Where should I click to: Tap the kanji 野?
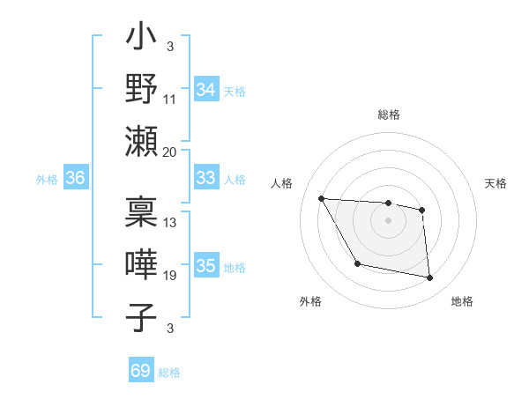pyautogui.click(x=142, y=89)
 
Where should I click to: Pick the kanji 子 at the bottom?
pyautogui.click(x=142, y=316)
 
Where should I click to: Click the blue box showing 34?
pyautogui.click(x=205, y=90)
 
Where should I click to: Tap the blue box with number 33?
pyautogui.click(x=205, y=178)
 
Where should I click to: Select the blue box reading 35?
pyautogui.click(x=205, y=266)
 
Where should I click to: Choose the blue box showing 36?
pyautogui.click(x=75, y=178)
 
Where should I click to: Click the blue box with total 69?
pyautogui.click(x=140, y=371)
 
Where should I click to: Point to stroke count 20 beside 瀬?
pyautogui.click(x=169, y=152)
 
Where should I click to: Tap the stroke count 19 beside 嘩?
pyautogui.click(x=169, y=276)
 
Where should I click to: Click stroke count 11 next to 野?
pyautogui.click(x=169, y=100)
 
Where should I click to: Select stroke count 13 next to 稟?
pyautogui.click(x=169, y=223)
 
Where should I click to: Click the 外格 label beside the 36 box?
pyautogui.click(x=47, y=179)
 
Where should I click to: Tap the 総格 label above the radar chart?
pyautogui.click(x=389, y=115)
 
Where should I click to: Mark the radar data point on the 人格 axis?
pyautogui.click(x=321, y=198)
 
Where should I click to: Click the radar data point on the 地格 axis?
pyautogui.click(x=430, y=278)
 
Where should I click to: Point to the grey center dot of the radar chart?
pyautogui.click(x=389, y=220)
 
